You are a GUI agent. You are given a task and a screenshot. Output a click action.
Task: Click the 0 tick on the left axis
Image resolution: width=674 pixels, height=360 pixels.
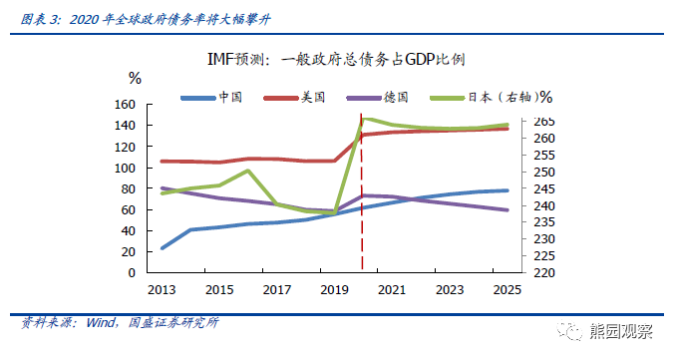tap(131, 272)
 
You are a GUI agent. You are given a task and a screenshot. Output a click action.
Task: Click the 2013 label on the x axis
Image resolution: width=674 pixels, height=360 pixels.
tap(162, 289)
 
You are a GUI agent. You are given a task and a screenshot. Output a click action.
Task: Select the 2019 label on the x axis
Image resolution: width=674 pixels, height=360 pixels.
tap(334, 289)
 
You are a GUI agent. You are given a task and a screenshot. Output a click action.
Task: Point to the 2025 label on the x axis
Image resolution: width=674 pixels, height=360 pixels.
tap(506, 289)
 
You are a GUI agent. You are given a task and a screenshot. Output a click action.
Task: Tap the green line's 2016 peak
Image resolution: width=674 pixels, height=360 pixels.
tap(248, 171)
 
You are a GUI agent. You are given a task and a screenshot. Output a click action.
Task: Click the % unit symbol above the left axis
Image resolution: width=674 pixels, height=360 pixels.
tap(135, 77)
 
